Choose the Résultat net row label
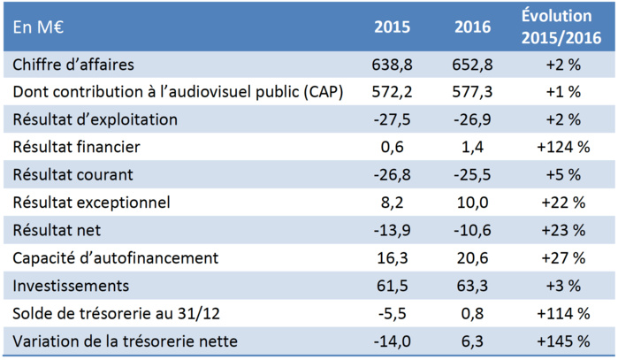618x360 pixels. point(57,231)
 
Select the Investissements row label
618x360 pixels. point(69,286)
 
